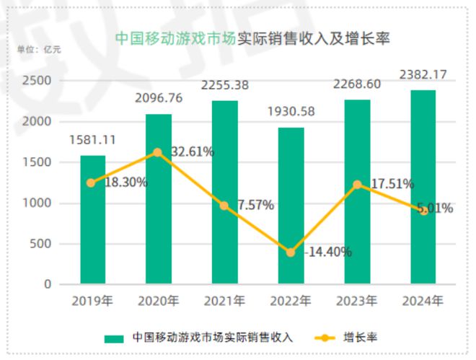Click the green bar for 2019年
[92, 219]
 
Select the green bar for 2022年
[291, 206]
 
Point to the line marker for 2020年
[158, 152]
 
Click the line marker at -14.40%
[291, 253]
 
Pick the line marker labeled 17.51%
[357, 185]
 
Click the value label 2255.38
[224, 85]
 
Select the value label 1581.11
[92, 140]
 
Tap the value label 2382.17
[423, 74]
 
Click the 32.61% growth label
[193, 152]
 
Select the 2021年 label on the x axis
[224, 300]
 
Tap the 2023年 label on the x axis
[357, 300]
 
